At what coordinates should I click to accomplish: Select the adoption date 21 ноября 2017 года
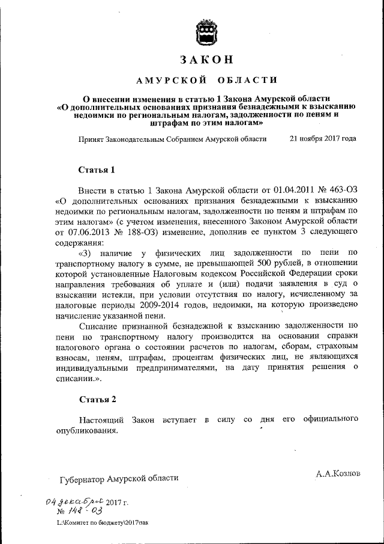pos(322,138)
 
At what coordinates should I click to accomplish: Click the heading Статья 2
pos(97,399)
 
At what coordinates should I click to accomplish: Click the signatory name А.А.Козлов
pos(338,473)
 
